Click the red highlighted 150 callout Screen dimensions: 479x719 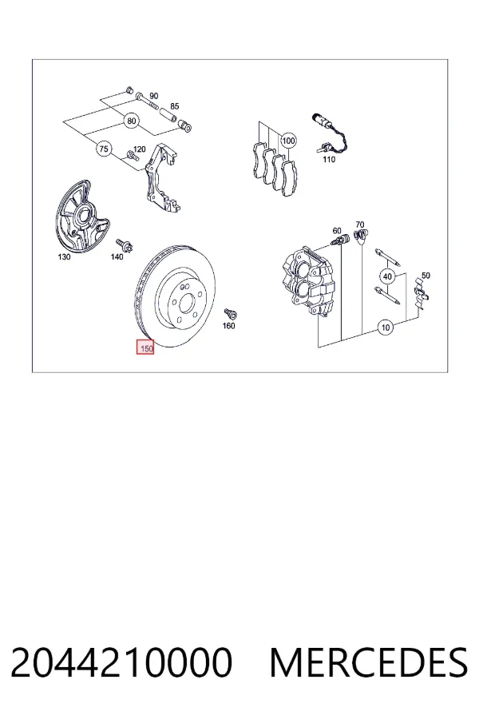[145, 348]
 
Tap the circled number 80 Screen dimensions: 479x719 [132, 121]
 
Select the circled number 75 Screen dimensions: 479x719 [104, 149]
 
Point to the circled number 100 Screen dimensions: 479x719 [288, 141]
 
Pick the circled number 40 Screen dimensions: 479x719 [388, 276]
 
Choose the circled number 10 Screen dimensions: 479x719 [386, 328]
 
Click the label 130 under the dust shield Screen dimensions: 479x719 [64, 256]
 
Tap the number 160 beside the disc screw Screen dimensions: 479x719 [228, 326]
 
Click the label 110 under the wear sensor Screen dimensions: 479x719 [329, 160]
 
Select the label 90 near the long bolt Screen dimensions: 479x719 [153, 96]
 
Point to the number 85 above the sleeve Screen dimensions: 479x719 [174, 106]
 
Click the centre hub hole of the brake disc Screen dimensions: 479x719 [186, 303]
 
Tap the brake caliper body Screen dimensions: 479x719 [307, 280]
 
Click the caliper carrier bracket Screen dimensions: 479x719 [161, 179]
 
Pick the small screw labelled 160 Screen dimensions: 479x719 [230, 314]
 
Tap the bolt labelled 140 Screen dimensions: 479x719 [124, 245]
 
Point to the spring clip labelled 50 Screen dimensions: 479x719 [421, 294]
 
